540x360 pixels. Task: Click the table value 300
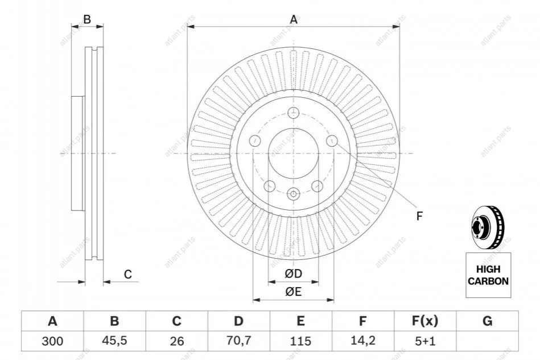pos(52,341)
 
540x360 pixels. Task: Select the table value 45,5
pos(114,341)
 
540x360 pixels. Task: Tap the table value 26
pos(176,341)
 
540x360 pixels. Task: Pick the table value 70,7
pos(239,341)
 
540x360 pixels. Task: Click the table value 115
pos(300,341)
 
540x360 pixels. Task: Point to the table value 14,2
pos(362,341)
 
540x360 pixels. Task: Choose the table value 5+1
pos(424,341)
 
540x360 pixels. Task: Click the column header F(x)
pos(424,321)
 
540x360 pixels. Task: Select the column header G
pos(487,321)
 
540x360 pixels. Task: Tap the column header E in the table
pos(300,321)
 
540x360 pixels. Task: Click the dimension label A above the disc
pos(294,20)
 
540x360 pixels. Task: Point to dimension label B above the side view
pos(87,20)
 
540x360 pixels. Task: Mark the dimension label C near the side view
pos(128,275)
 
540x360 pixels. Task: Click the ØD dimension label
pos(294,274)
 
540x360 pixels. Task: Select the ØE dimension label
pos(294,292)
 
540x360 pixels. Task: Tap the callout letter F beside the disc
pos(419,216)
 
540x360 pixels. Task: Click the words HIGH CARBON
pos(488,276)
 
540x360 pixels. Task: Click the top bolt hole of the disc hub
pos(294,112)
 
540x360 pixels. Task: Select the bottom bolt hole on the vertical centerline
pos(294,194)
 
